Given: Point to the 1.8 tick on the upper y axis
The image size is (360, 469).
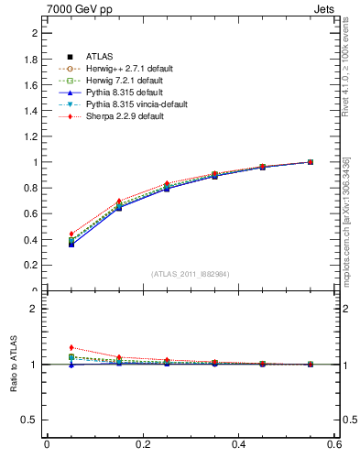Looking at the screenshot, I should [31, 59].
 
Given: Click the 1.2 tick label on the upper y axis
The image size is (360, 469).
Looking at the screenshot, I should [31, 136].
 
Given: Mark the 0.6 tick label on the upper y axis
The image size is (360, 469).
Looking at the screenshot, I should [31, 214].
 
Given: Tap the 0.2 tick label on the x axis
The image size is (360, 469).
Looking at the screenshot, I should [142, 444].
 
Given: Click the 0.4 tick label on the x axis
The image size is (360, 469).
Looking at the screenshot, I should [238, 444].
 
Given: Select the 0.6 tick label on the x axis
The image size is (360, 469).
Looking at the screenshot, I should [334, 444].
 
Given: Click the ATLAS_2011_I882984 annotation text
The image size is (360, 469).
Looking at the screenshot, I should [191, 274].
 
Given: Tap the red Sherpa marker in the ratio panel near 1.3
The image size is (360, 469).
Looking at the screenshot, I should [71, 347].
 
